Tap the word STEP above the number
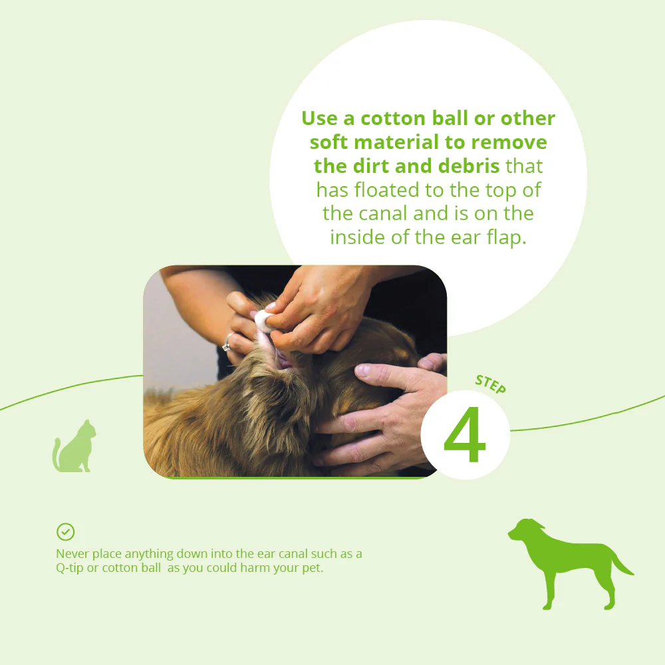(491, 385)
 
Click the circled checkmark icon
(65, 531)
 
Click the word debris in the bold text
(469, 166)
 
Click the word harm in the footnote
(253, 569)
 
